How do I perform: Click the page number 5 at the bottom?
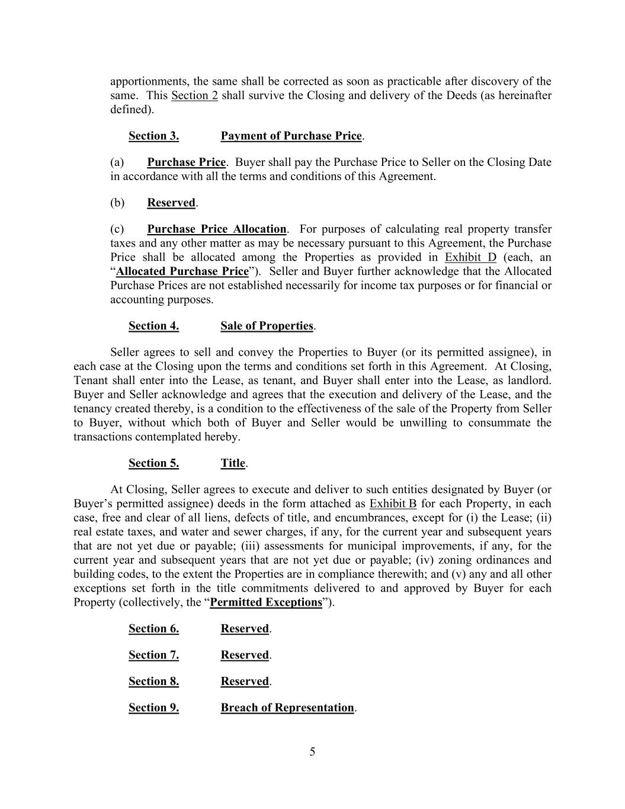312,752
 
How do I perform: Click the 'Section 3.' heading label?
153,136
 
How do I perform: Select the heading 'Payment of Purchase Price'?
291,136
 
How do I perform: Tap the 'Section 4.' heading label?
153,325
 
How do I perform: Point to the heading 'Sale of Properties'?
267,325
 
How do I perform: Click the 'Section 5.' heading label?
153,463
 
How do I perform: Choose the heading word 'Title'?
233,463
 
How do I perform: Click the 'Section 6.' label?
153,628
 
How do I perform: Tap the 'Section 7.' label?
153,654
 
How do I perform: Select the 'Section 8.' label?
153,681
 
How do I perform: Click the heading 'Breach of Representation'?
287,707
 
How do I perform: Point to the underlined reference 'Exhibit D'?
470,257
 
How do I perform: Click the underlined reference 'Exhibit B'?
393,504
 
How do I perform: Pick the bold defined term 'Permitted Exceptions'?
266,602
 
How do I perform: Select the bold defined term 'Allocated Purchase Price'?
182,271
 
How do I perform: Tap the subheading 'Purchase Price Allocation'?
216,229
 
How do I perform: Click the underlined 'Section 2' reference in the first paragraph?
194,95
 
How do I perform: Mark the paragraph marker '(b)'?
117,203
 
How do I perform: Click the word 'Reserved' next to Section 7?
245,654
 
